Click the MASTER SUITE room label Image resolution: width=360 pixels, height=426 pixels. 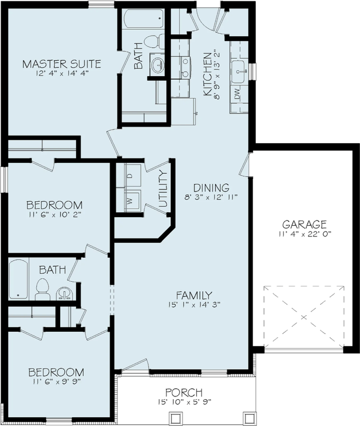click(61, 64)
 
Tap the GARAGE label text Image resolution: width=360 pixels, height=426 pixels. click(304, 224)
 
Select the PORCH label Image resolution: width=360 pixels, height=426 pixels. click(184, 393)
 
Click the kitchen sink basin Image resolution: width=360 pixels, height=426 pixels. click(239, 71)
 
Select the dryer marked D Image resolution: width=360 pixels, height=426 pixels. click(133, 175)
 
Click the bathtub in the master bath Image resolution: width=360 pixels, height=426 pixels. click(144, 19)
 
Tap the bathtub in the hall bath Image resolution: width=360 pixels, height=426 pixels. click(18, 279)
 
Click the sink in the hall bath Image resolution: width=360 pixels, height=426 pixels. click(65, 293)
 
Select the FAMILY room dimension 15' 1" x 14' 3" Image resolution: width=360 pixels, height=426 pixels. click(194, 305)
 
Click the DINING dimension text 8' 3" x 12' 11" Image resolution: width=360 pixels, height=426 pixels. click(211, 197)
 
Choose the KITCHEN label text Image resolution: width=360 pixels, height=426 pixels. click(208, 74)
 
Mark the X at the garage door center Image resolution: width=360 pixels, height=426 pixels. click(304, 317)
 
